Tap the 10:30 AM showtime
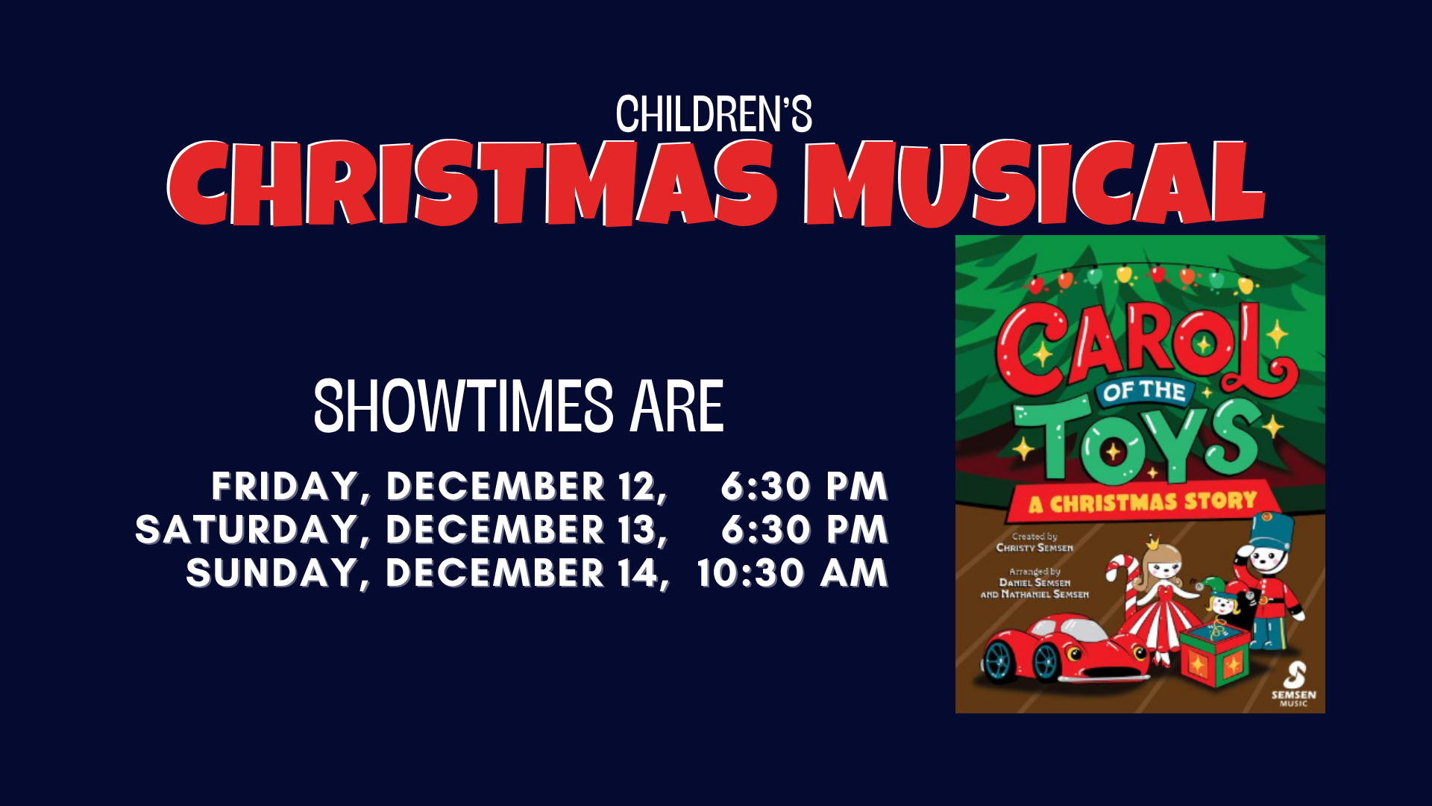click(792, 573)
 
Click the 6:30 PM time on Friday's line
click(805, 487)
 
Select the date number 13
click(636, 530)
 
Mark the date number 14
click(637, 573)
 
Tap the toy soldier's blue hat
click(1271, 530)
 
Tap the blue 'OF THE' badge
click(1144, 392)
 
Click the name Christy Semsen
click(1034, 548)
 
